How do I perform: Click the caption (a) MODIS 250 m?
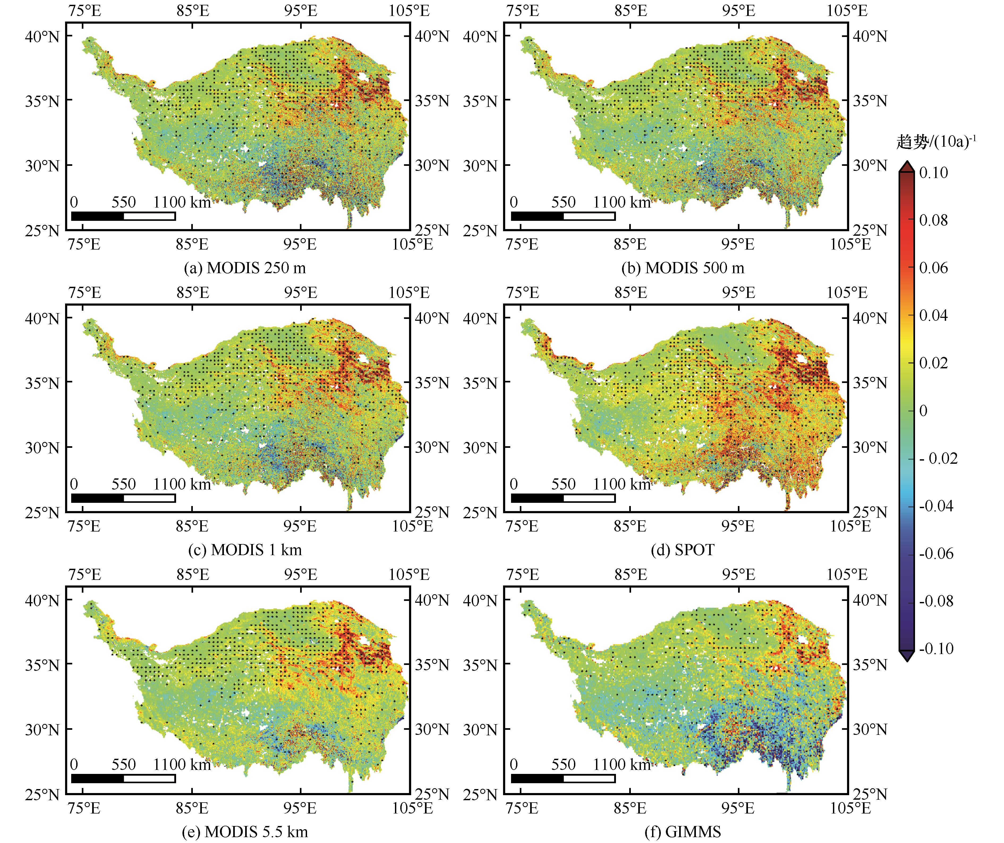[x=245, y=268]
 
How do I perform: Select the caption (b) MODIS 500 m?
[x=683, y=268]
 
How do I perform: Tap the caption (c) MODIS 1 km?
[x=245, y=550]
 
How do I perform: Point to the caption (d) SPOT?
[x=683, y=550]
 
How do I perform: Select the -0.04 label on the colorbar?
[x=936, y=506]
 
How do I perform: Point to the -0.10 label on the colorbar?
[x=936, y=649]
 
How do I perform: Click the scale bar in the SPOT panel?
[x=563, y=498]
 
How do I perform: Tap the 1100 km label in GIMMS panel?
[x=622, y=765]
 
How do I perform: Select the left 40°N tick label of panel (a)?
[x=42, y=36]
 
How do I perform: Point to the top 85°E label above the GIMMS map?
[x=631, y=574]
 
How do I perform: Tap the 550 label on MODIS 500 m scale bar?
[x=563, y=202]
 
